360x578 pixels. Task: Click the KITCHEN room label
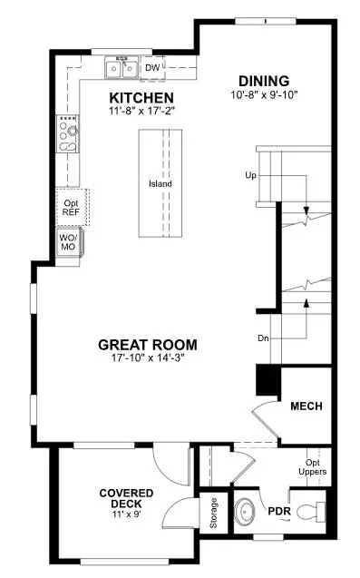pos(141,97)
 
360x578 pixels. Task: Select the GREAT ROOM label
pos(147,345)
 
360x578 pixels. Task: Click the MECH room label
pos(307,406)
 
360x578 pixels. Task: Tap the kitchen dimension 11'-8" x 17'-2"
pos(142,111)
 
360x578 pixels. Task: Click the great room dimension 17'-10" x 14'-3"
pos(147,358)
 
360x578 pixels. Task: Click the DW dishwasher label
pos(152,66)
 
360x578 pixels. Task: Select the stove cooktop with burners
pos(67,134)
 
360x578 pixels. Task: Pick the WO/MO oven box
pos(69,242)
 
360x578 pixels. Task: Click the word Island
pos(161,184)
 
